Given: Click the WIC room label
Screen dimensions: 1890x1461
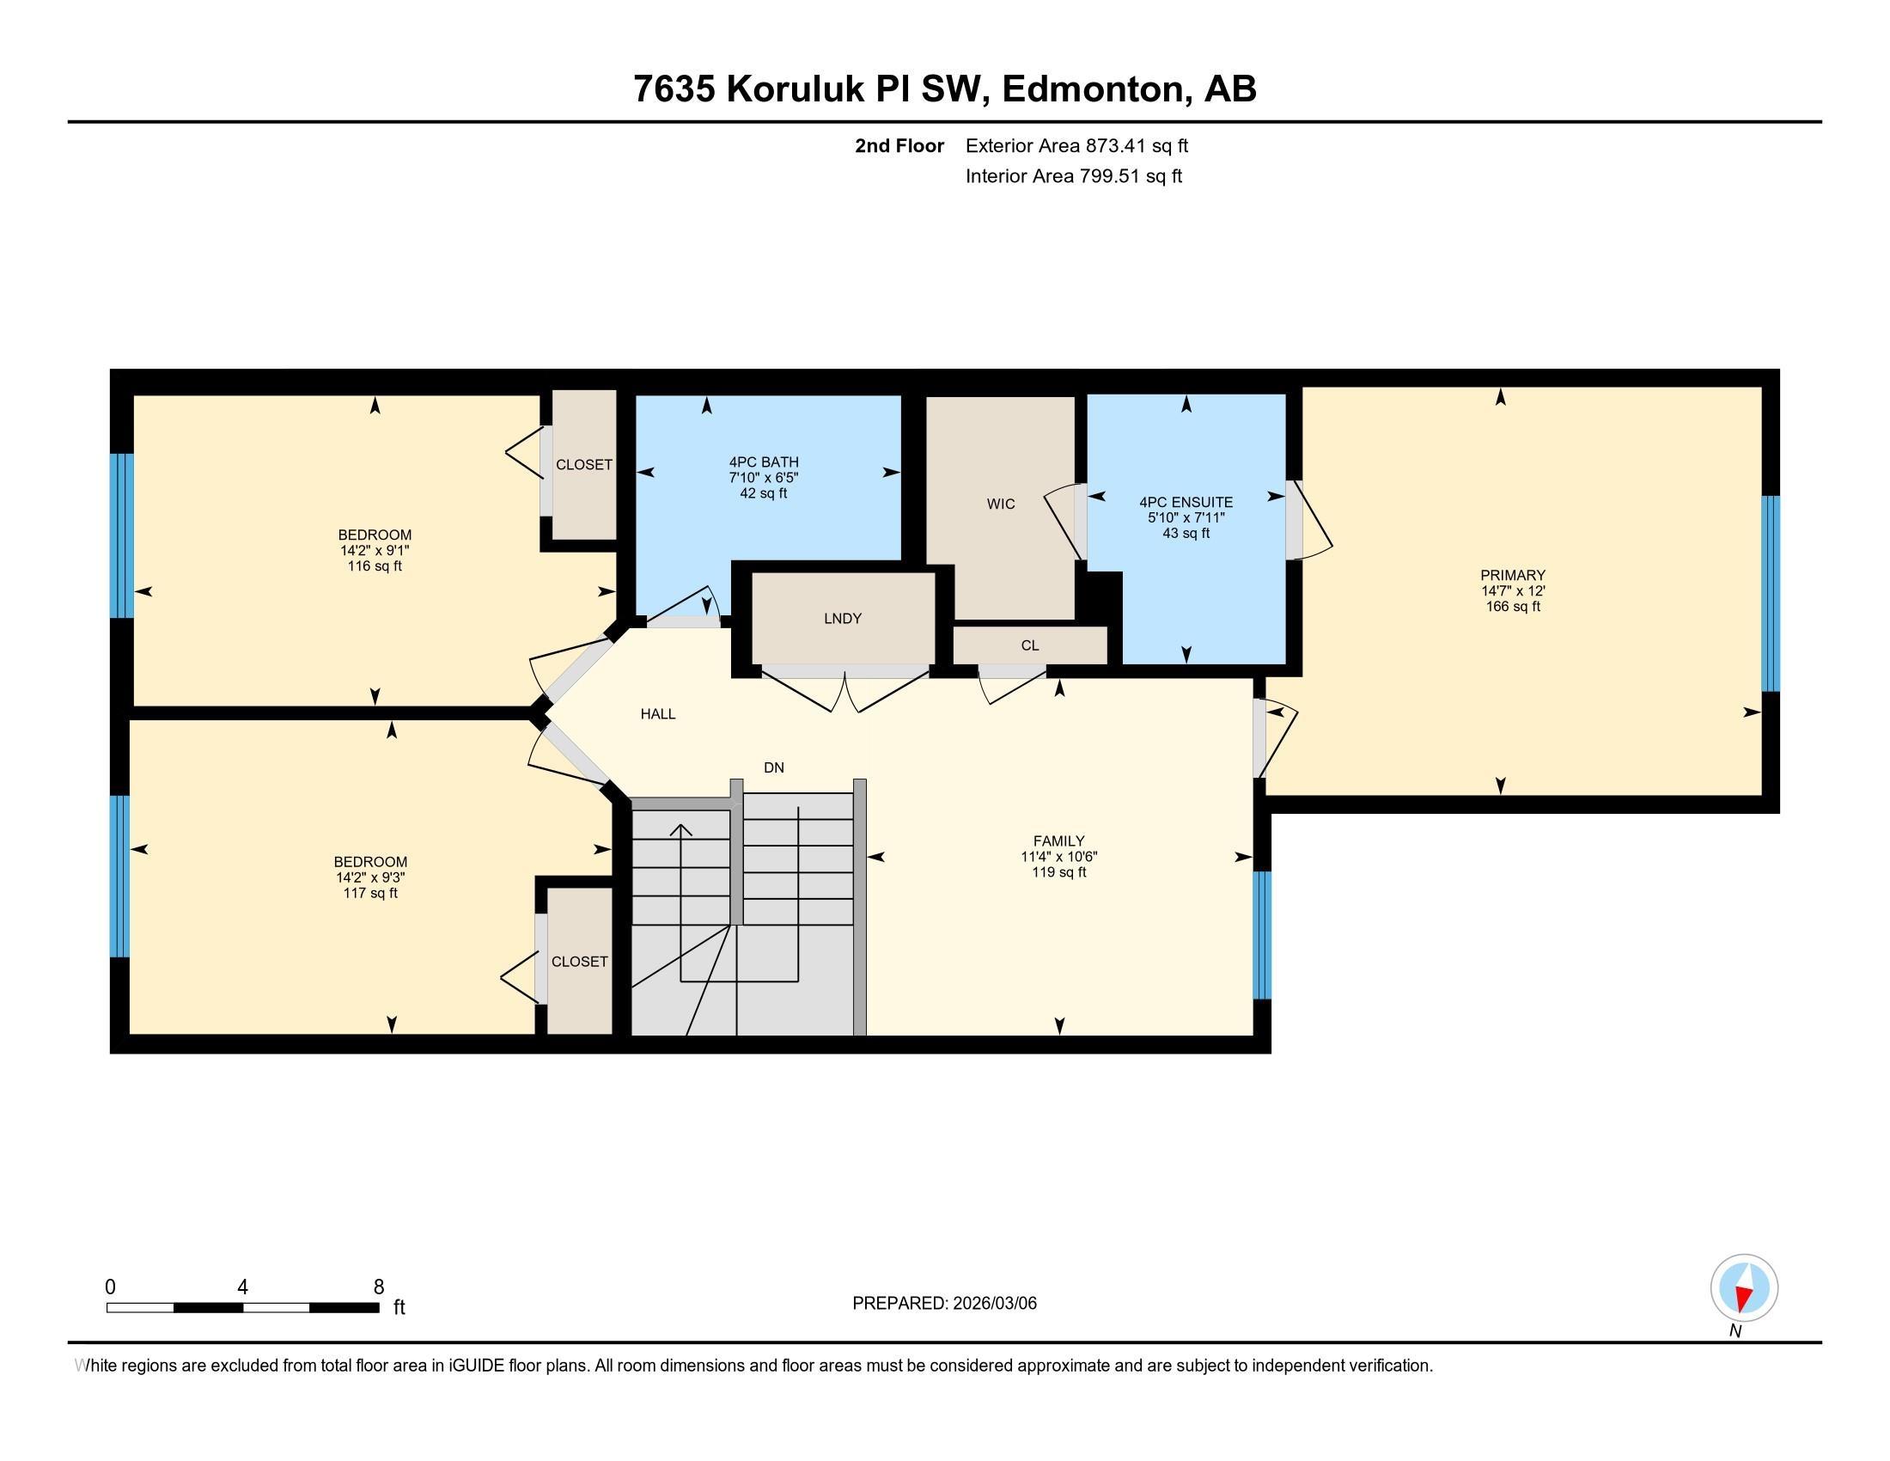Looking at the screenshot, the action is tap(1000, 504).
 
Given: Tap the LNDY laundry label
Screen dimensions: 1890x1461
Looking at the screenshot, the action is tap(842, 618).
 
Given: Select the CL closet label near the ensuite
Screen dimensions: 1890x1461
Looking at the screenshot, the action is tap(1029, 645).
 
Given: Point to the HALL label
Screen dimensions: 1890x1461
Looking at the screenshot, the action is tap(658, 714).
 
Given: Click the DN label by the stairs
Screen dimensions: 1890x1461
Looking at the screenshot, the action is tap(774, 767).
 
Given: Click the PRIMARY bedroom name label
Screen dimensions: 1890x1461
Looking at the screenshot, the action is tap(1513, 575).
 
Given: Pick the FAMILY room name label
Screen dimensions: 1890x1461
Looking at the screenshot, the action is tap(1058, 841).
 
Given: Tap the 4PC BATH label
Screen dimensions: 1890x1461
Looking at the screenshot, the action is tap(763, 462).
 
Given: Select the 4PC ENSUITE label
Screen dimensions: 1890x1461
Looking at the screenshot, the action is tap(1186, 502).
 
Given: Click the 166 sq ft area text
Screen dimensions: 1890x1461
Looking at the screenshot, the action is tap(1513, 607).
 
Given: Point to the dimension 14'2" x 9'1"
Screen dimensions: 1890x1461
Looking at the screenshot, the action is tap(374, 551).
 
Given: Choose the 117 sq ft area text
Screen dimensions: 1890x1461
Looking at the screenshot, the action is tap(370, 893).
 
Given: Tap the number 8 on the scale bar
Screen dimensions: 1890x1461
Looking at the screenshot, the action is tap(378, 1287).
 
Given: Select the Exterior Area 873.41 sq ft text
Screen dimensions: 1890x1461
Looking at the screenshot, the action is tap(1076, 145).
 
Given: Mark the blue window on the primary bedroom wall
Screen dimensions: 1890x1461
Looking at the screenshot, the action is tap(1771, 594).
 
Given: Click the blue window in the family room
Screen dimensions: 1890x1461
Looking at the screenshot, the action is tap(1263, 935).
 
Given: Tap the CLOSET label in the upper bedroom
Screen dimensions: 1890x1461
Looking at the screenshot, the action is tap(584, 465).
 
